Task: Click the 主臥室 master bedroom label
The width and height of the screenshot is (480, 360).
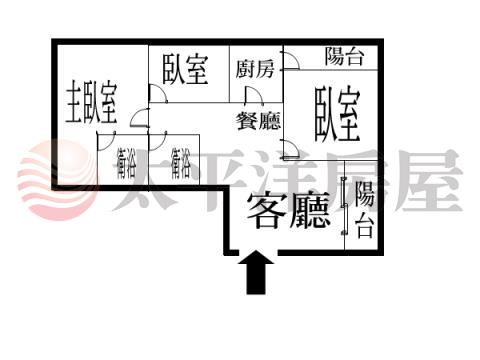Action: pyautogui.click(x=91, y=102)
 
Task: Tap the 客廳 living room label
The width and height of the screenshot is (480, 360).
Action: pyautogui.click(x=289, y=211)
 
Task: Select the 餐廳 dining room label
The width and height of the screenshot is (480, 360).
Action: pyautogui.click(x=259, y=121)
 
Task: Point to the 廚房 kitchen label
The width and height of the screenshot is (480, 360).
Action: pyautogui.click(x=255, y=69)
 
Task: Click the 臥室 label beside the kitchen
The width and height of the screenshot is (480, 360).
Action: pyautogui.click(x=185, y=70)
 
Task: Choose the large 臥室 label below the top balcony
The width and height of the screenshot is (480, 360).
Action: pyautogui.click(x=337, y=113)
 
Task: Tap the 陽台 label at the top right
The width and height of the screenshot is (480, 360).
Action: pyautogui.click(x=344, y=56)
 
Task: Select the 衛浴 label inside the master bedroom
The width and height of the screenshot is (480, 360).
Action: pyautogui.click(x=126, y=163)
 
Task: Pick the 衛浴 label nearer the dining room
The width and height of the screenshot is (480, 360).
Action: pyautogui.click(x=180, y=163)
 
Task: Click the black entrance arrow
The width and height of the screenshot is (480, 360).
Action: pyautogui.click(x=256, y=272)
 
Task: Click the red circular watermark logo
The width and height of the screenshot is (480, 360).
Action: pyautogui.click(x=57, y=180)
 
